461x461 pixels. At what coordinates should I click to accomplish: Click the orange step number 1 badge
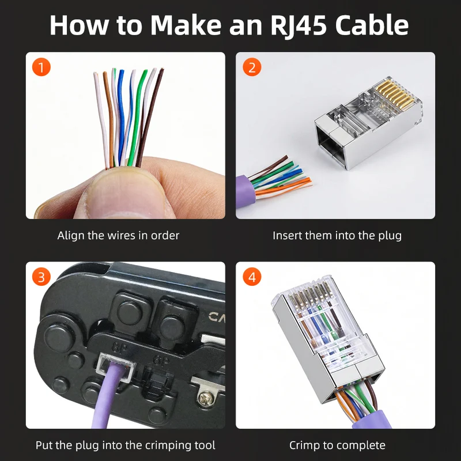pyautogui.click(x=41, y=67)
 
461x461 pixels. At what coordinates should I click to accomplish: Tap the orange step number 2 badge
pyautogui.click(x=252, y=67)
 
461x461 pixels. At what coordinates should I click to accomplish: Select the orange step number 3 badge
pyautogui.click(x=41, y=277)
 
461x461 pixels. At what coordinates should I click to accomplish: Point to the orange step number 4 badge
pyautogui.click(x=252, y=277)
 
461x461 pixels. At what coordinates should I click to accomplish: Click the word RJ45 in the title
pyautogui.click(x=298, y=26)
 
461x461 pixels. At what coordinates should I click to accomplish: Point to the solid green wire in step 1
pyautogui.click(x=137, y=118)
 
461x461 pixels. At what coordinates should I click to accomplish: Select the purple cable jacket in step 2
pyautogui.click(x=243, y=191)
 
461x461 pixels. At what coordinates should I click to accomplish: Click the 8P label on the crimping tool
pyautogui.click(x=119, y=348)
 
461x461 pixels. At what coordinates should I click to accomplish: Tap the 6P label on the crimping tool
pyautogui.click(x=161, y=360)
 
